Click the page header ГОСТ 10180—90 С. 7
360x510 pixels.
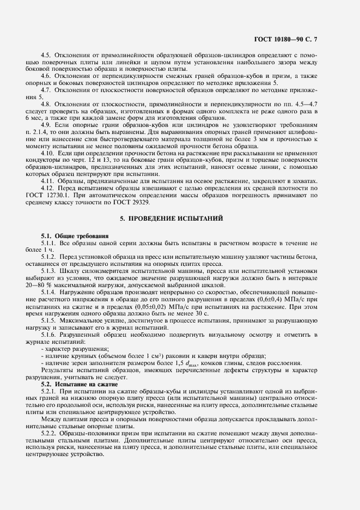305,39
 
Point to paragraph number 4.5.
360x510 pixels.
46,55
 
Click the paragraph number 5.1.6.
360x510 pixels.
49,334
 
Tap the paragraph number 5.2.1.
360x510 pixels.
49,392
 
